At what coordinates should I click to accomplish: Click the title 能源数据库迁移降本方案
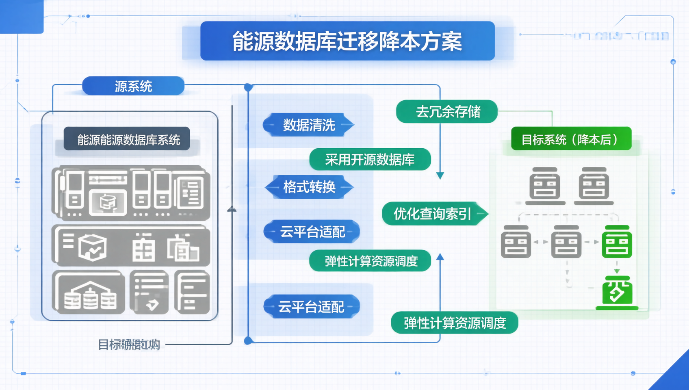347,41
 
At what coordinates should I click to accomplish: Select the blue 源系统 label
133,86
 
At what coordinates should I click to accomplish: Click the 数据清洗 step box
309,125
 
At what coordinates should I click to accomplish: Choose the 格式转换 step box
309,187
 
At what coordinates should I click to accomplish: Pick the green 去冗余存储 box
447,111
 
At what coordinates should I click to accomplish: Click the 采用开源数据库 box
370,159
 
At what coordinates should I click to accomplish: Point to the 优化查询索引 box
433,214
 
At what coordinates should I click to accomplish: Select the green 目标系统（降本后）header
570,139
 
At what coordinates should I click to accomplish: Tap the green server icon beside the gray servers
616,242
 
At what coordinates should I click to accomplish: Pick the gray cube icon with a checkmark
93,247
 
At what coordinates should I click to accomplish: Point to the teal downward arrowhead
440,175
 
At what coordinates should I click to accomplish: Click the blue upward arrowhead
440,257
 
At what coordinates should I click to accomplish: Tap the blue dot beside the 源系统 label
248,87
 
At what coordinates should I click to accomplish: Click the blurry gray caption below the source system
129,344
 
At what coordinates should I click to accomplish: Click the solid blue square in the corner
21,16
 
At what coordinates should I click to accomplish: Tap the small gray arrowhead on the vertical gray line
232,209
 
